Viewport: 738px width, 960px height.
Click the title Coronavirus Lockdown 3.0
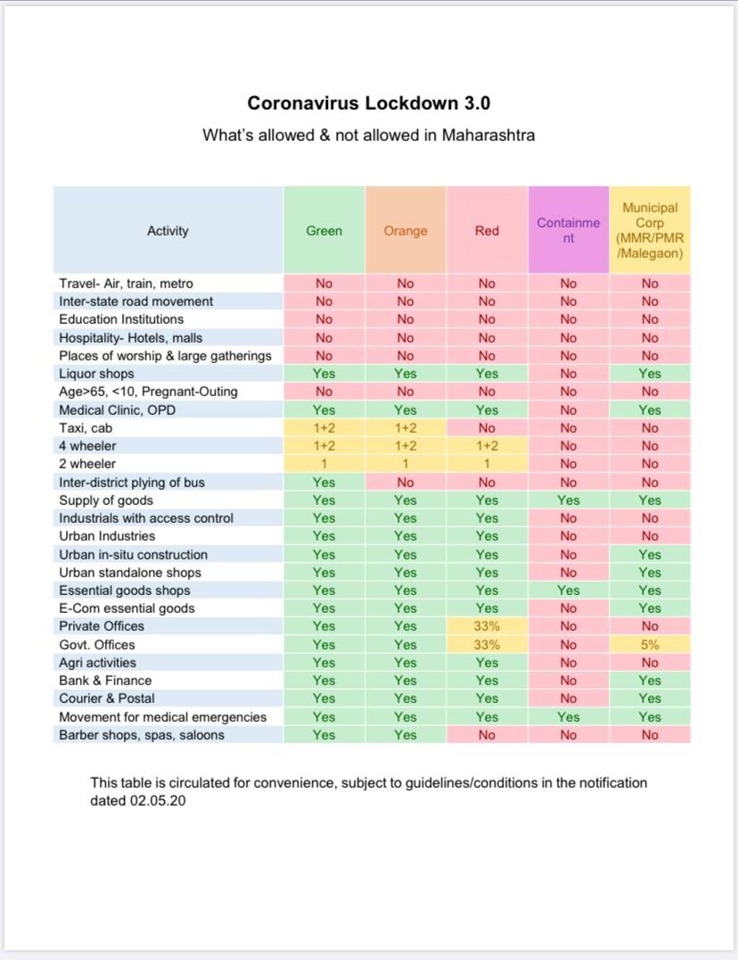click(x=369, y=103)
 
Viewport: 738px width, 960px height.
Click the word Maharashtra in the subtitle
click(x=488, y=135)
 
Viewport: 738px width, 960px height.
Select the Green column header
click(x=324, y=231)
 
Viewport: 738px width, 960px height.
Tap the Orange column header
click(x=406, y=231)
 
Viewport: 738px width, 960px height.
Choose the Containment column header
click(x=569, y=230)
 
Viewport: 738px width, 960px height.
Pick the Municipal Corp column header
click(x=650, y=230)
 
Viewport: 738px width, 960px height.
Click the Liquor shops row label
click(x=96, y=374)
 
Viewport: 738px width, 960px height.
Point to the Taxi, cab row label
click(x=86, y=428)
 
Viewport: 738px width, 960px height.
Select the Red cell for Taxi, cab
click(x=487, y=428)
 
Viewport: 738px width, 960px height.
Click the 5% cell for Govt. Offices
click(x=650, y=645)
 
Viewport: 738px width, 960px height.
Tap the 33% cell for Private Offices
click(x=487, y=626)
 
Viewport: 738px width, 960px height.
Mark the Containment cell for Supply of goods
click(x=569, y=501)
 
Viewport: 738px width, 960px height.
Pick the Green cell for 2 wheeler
click(x=324, y=464)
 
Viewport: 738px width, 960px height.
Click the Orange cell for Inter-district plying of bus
click(x=406, y=483)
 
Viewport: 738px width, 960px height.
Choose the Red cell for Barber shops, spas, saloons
click(x=487, y=734)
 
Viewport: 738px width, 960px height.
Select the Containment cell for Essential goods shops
click(x=569, y=591)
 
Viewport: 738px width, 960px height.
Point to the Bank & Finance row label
click(x=105, y=680)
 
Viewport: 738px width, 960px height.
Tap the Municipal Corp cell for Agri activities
click(x=650, y=662)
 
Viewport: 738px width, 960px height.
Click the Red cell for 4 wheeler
click(x=487, y=446)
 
